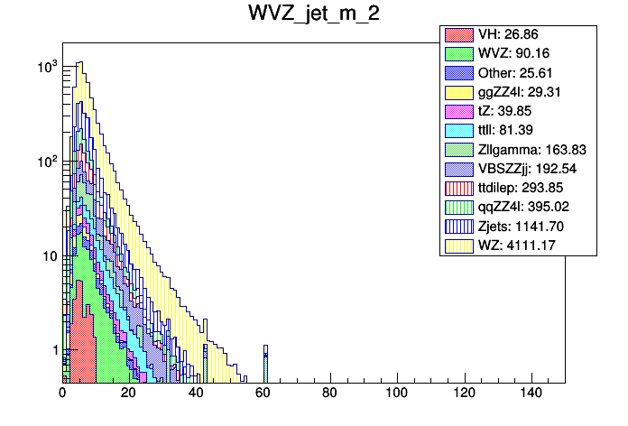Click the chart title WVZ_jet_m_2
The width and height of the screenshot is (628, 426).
coord(313,15)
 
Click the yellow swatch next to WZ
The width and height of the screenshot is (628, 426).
coord(458,244)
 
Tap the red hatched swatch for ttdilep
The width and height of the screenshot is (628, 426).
coord(458,188)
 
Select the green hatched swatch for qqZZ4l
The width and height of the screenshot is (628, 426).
coord(458,207)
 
